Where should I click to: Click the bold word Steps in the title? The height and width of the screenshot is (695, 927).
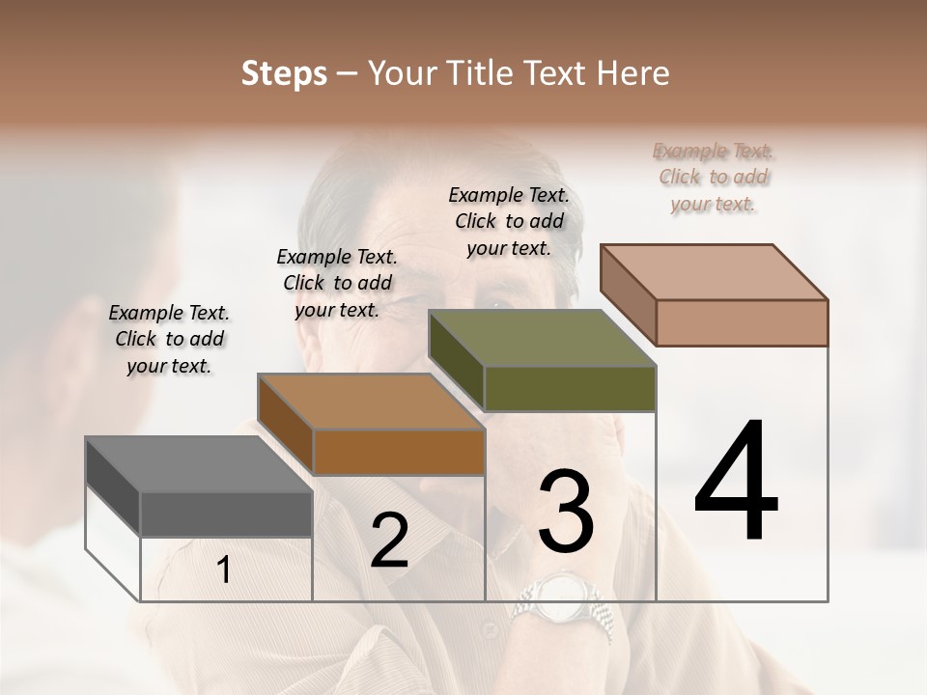[284, 73]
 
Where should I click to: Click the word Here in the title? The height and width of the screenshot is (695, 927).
[631, 73]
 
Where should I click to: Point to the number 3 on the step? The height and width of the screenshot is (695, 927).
[565, 512]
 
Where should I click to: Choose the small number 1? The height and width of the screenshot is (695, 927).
[223, 570]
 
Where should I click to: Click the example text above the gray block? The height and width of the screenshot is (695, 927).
[169, 339]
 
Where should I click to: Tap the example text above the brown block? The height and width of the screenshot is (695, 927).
[337, 283]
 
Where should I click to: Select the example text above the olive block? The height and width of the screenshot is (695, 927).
[509, 221]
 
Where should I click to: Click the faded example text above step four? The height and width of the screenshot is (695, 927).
[714, 177]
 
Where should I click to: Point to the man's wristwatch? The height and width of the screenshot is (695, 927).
[564, 598]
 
